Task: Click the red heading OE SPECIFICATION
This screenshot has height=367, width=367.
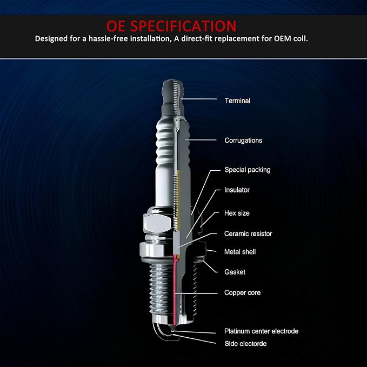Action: pyautogui.click(x=171, y=26)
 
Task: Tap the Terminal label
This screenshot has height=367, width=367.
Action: pyautogui.click(x=237, y=101)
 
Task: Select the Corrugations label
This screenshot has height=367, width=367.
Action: pyautogui.click(x=243, y=140)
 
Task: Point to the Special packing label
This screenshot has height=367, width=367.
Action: pyautogui.click(x=248, y=170)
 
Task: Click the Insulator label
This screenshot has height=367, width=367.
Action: pyautogui.click(x=237, y=190)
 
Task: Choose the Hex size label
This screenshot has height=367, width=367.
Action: pyautogui.click(x=237, y=213)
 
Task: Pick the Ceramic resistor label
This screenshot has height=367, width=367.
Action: pyautogui.click(x=248, y=233)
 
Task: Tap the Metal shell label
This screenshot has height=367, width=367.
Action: pyautogui.click(x=240, y=252)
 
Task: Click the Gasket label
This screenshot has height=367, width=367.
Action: pyautogui.click(x=235, y=272)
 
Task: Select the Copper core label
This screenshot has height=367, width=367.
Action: pyautogui.click(x=242, y=292)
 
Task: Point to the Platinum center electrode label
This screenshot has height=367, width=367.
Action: pyautogui.click(x=261, y=331)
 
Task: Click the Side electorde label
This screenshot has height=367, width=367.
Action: pyautogui.click(x=245, y=344)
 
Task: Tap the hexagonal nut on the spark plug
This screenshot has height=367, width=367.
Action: pyautogui.click(x=157, y=223)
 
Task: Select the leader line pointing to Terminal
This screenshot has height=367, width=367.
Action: pyautogui.click(x=199, y=99)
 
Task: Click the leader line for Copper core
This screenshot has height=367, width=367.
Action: pyautogui.click(x=196, y=293)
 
